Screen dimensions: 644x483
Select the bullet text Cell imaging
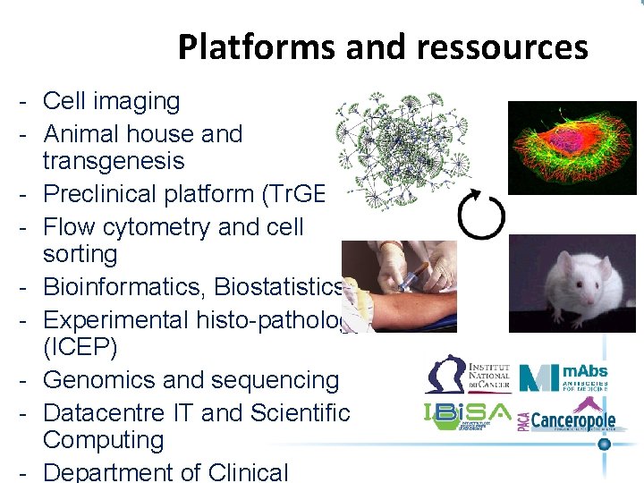(x=111, y=101)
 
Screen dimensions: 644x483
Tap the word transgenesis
(x=114, y=161)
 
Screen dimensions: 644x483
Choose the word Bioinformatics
(x=120, y=287)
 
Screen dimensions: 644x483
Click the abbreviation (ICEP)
(x=80, y=346)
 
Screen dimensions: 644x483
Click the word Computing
(x=103, y=440)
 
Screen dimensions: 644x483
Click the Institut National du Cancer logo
(x=468, y=375)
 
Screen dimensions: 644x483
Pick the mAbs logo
(x=565, y=377)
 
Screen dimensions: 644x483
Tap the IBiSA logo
(x=467, y=416)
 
